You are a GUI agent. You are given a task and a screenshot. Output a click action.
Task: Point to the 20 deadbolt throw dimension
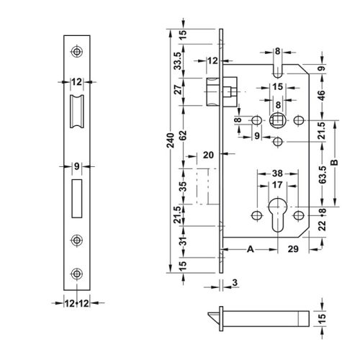tap(209, 154)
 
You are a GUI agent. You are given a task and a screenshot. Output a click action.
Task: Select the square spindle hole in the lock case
tap(276, 119)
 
